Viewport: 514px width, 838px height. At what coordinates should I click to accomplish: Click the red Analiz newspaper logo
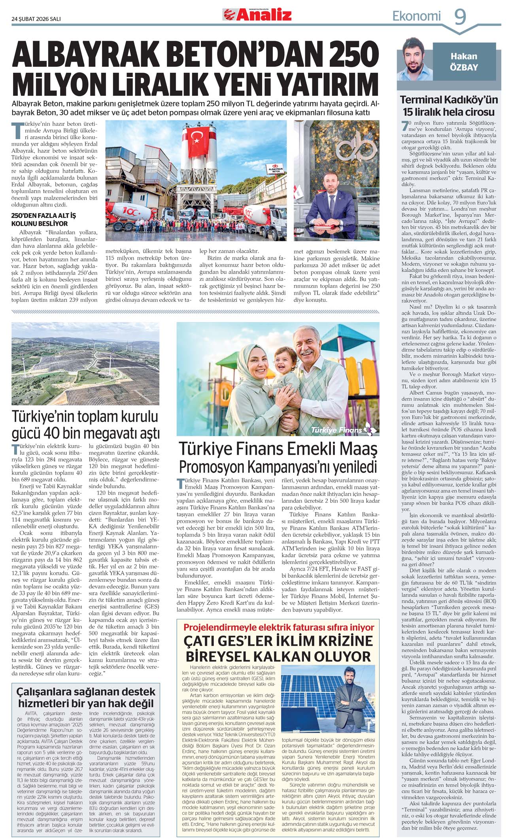(x=257, y=15)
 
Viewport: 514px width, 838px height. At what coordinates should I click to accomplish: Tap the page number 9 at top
(x=459, y=16)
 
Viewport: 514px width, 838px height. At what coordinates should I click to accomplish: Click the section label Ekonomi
(x=416, y=16)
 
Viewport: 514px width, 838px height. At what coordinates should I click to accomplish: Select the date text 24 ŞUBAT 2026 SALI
(x=36, y=19)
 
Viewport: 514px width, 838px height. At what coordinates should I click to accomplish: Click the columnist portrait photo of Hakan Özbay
(x=415, y=60)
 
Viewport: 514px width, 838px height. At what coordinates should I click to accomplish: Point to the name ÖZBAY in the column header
(x=464, y=67)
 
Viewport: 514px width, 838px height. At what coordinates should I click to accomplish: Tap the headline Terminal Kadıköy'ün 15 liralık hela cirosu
(x=449, y=105)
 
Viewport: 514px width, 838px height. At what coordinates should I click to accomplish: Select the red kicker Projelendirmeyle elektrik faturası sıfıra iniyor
(x=279, y=627)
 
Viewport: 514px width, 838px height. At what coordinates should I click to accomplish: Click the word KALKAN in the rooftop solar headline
(x=276, y=656)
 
